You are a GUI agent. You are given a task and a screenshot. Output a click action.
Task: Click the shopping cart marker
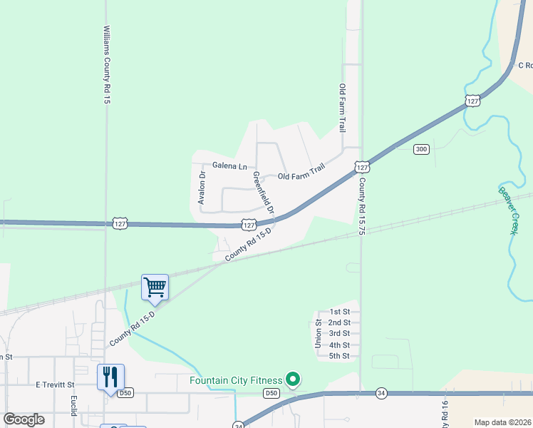tap(155, 287)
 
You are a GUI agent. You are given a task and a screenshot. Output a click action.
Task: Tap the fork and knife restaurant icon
tap(110, 376)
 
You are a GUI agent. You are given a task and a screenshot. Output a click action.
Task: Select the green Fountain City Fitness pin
tap(292, 379)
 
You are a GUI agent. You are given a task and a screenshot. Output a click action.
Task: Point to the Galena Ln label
tap(229, 165)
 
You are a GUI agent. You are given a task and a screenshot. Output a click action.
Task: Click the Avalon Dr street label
tap(202, 188)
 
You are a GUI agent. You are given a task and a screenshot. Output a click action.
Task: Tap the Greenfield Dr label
tap(262, 193)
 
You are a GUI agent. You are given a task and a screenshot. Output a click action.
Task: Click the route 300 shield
tap(421, 148)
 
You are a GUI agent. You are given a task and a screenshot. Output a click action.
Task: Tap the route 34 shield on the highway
tap(381, 393)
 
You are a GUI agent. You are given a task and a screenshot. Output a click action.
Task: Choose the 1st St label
tap(339, 312)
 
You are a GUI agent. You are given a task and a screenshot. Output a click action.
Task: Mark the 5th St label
tap(339, 356)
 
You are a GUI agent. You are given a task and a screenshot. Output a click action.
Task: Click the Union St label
tap(319, 333)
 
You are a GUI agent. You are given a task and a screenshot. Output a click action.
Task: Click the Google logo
tap(24, 419)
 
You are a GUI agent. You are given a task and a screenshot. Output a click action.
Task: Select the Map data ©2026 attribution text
tap(502, 422)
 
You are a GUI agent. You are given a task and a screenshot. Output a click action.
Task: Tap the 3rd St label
tap(339, 333)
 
